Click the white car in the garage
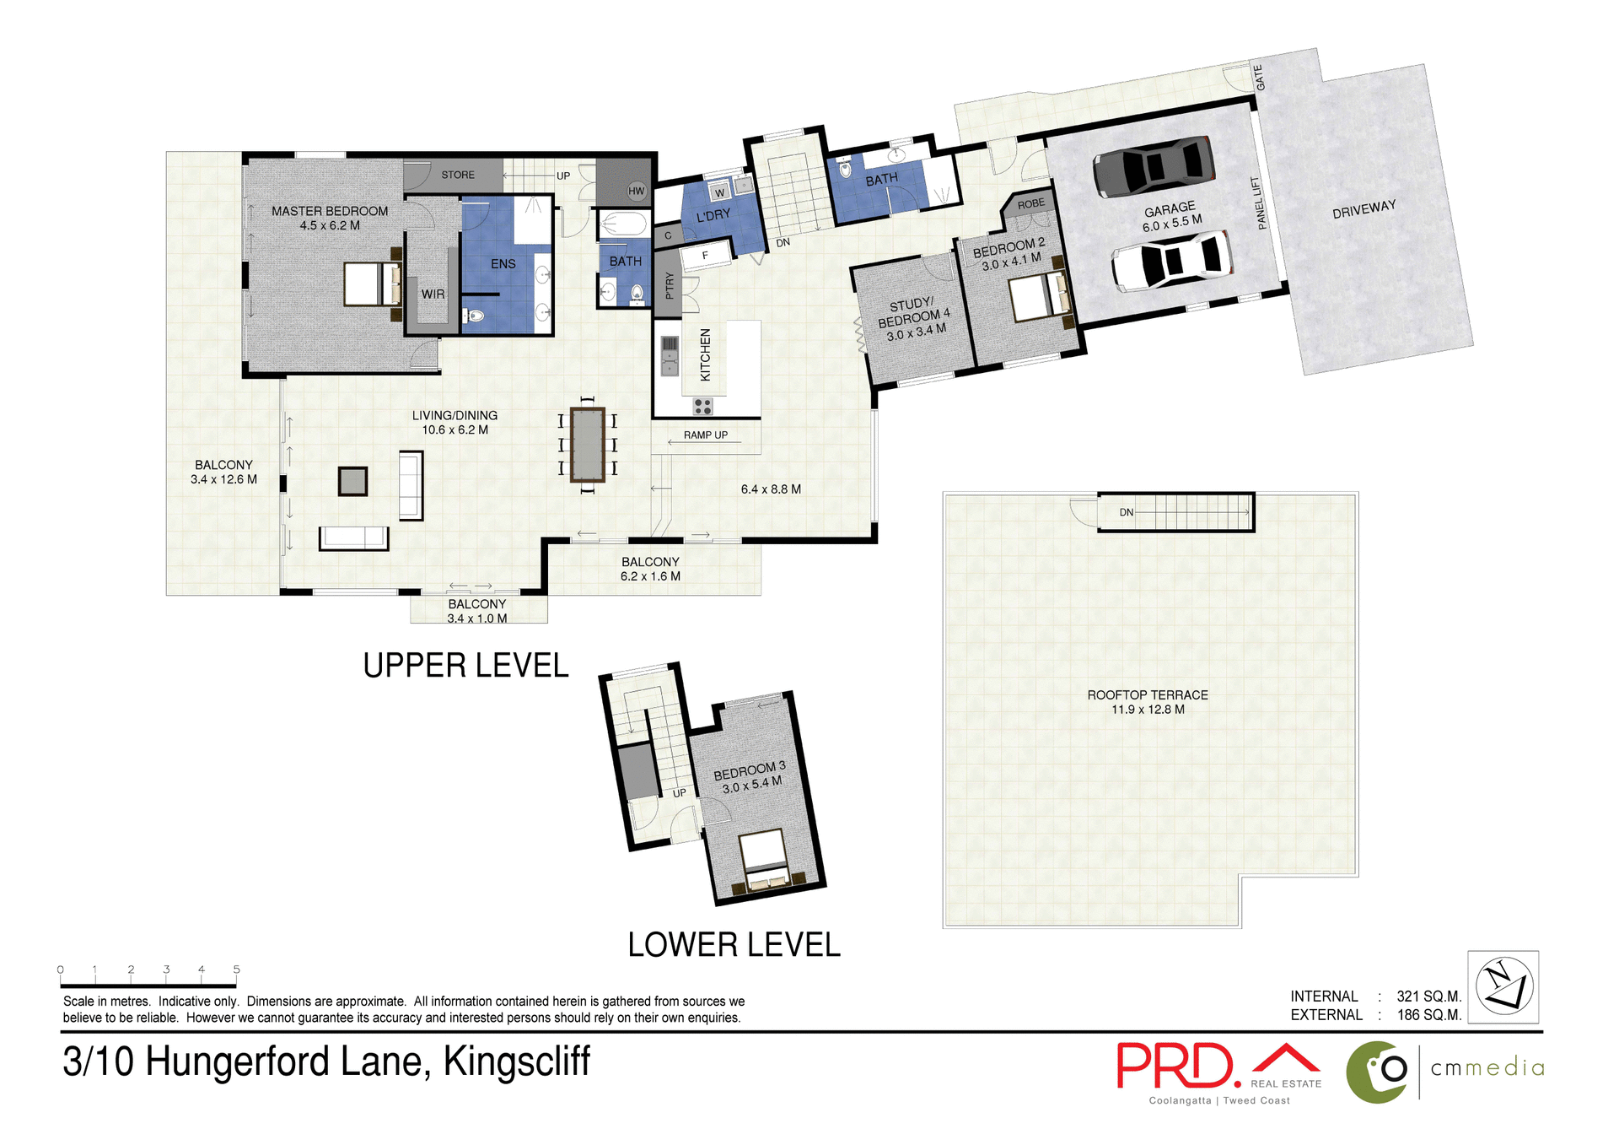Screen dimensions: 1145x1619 tap(1171, 261)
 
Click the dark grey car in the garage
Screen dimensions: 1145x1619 tap(1154, 165)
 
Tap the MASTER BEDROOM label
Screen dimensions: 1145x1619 tap(330, 211)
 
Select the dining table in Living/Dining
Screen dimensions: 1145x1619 tap(587, 445)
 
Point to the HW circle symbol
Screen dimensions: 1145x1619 tap(637, 192)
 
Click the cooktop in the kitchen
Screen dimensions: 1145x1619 tap(702, 407)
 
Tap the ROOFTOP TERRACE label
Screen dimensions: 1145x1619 tap(1147, 695)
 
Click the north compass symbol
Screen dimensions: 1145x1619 tap(1503, 986)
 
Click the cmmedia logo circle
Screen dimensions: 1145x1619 tap(1378, 1072)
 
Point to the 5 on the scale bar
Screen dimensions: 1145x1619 tap(237, 969)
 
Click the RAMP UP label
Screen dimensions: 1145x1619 tap(705, 435)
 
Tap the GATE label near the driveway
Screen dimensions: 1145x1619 tap(1259, 78)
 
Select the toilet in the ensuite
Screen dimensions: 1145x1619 tap(474, 316)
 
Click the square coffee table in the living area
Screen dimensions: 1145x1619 tap(352, 482)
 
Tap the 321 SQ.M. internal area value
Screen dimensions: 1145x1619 tap(1428, 996)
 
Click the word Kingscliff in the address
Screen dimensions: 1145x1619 tap(516, 1061)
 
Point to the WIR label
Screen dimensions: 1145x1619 tap(433, 294)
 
